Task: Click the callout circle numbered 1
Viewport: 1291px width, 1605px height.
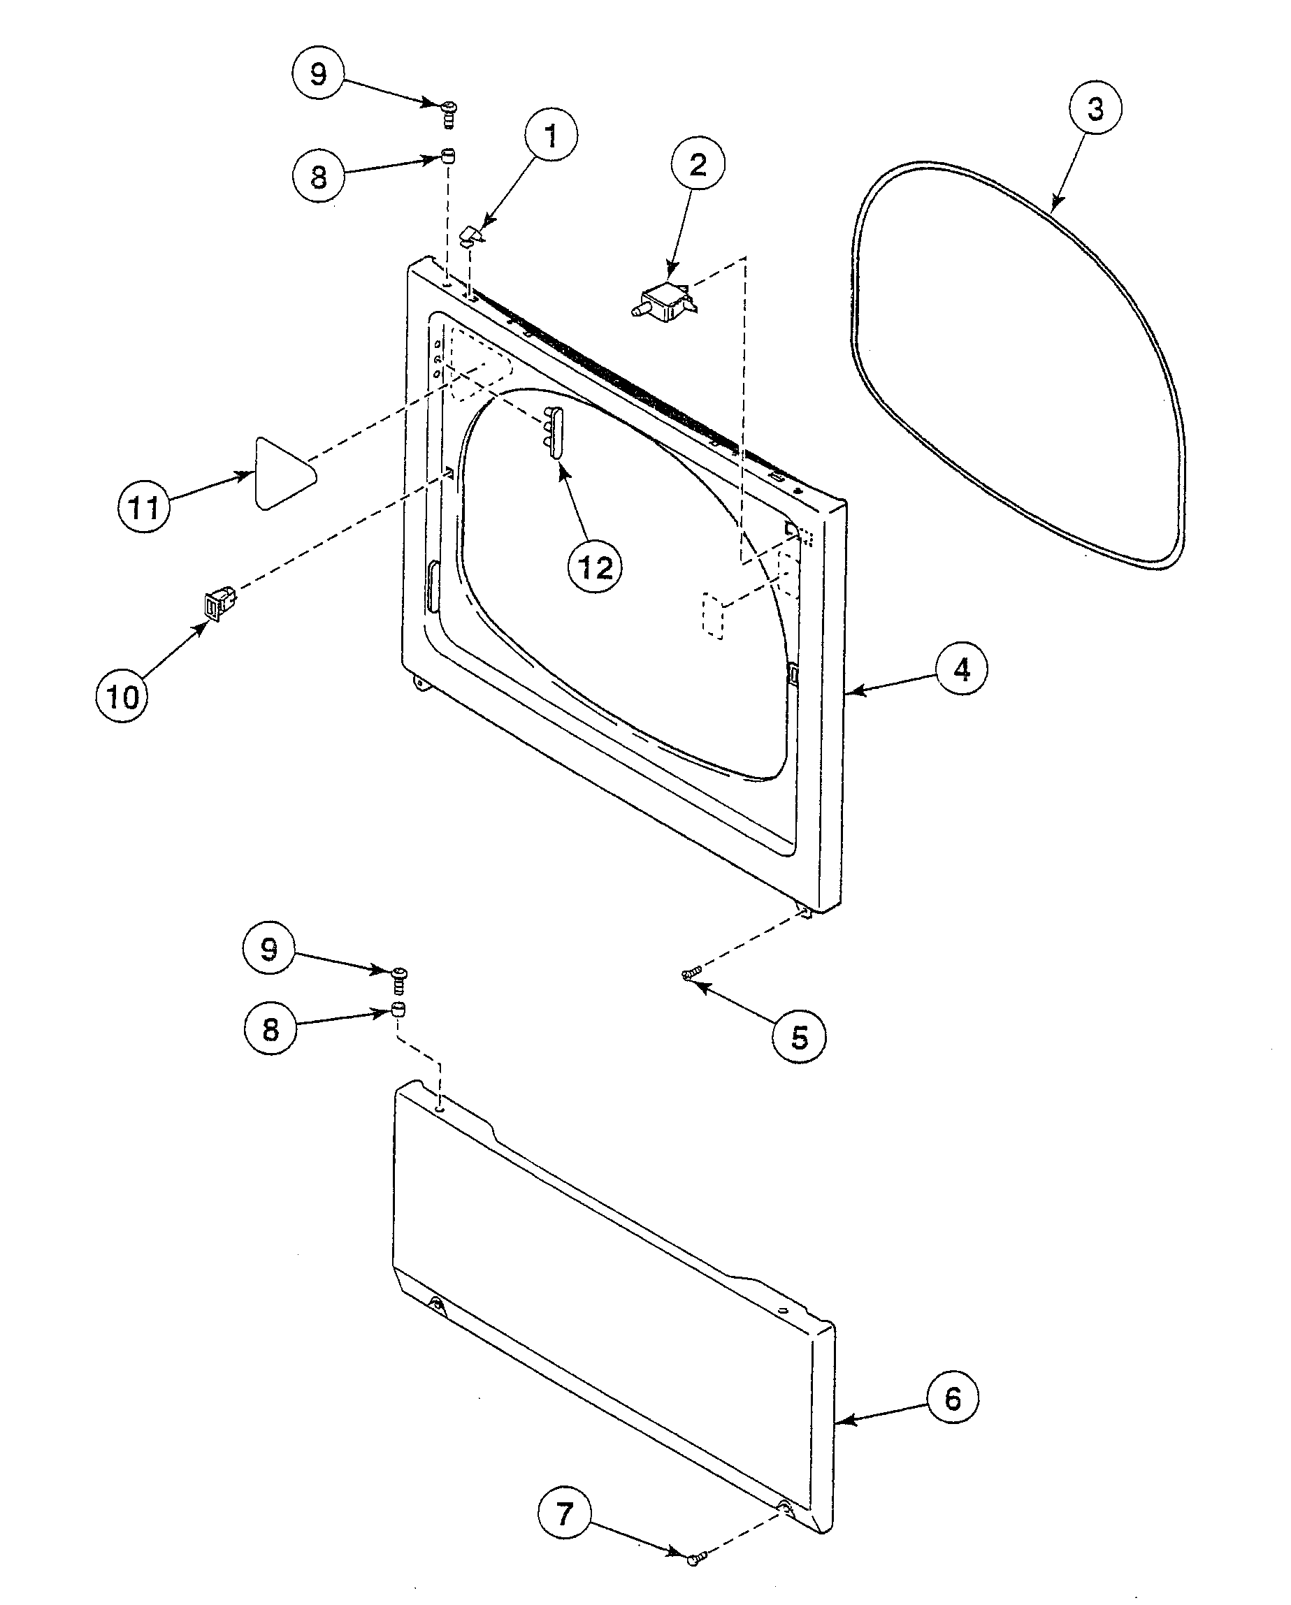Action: [551, 136]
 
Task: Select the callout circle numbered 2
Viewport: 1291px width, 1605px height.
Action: [698, 164]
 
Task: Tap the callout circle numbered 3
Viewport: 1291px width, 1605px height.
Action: [1095, 109]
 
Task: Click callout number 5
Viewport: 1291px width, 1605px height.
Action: [799, 1037]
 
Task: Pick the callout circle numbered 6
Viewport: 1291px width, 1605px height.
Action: [952, 1399]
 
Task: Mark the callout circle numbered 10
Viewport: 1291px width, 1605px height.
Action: [123, 697]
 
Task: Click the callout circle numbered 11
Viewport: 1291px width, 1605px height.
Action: [145, 508]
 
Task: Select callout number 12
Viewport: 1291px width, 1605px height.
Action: [595, 567]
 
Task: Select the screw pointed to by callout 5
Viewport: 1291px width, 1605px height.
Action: [691, 971]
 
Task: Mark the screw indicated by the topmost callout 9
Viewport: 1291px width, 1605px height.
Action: [449, 114]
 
